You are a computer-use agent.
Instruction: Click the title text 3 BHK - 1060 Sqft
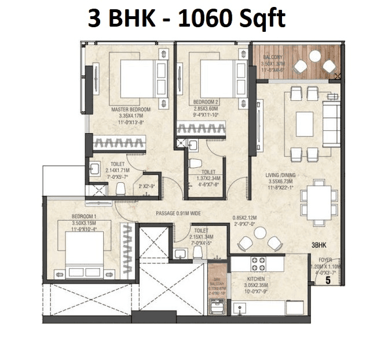point(186,19)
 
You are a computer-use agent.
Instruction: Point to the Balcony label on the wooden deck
point(273,57)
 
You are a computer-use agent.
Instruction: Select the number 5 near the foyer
point(327,282)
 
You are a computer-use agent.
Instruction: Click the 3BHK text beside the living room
point(319,245)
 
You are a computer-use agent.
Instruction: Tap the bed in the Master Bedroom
point(136,80)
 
